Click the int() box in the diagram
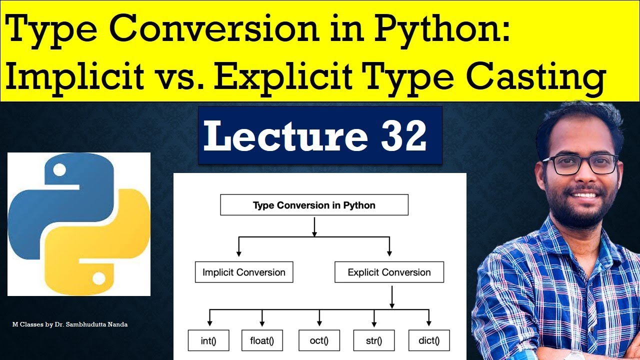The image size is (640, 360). pyautogui.click(x=208, y=340)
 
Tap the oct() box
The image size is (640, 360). pyautogui.click(x=319, y=340)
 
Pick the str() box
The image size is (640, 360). pyautogui.click(x=374, y=340)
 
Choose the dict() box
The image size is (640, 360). pyautogui.click(x=428, y=340)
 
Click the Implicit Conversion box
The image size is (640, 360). pyautogui.click(x=243, y=272)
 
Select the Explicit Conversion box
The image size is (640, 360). pyautogui.click(x=389, y=272)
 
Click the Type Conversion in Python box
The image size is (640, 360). pyautogui.click(x=314, y=205)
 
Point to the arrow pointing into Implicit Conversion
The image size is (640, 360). pyautogui.click(x=239, y=247)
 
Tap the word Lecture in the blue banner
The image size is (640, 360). pyautogui.click(x=286, y=136)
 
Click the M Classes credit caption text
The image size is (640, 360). pyautogui.click(x=70, y=324)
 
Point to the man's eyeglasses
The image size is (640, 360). pyautogui.click(x=580, y=164)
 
